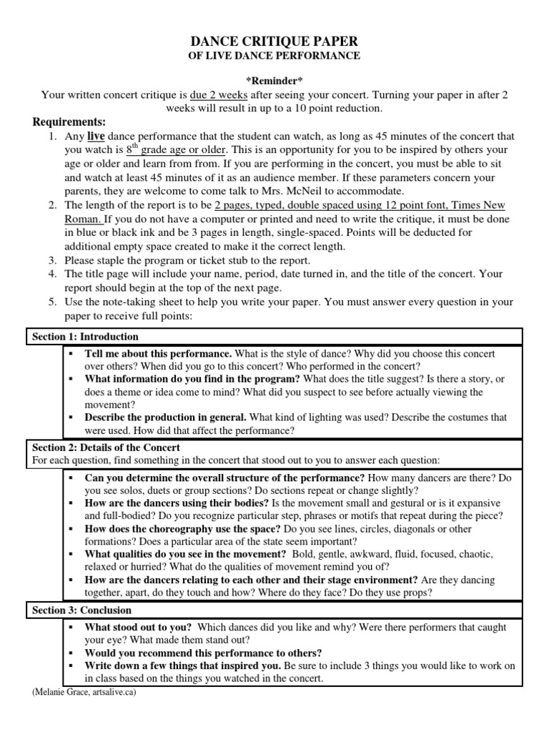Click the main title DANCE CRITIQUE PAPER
[274, 41]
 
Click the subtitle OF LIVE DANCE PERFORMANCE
[274, 56]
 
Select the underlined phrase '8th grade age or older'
[177, 150]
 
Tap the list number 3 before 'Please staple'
[52, 259]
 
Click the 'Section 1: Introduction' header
[86, 336]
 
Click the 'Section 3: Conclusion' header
[82, 610]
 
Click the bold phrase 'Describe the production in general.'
[165, 417]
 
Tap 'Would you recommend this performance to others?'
[203, 653]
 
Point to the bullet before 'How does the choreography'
[71, 530]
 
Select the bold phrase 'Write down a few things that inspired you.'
[182, 666]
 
